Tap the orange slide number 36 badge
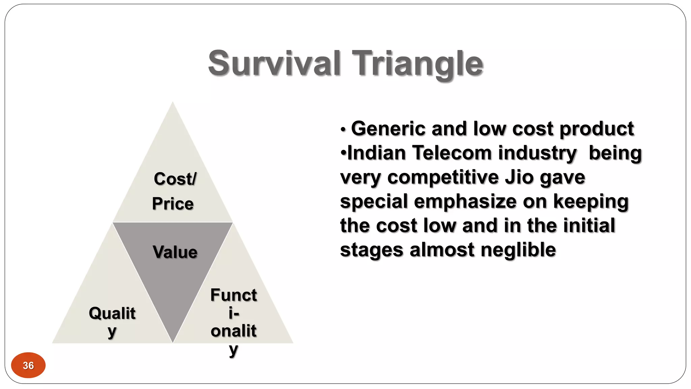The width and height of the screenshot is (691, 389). pos(28,365)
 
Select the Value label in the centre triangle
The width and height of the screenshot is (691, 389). pos(175,252)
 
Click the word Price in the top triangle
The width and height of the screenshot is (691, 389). pos(173,204)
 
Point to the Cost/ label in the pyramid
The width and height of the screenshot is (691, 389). pos(175,179)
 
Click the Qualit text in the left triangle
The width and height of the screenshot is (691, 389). pos(112,313)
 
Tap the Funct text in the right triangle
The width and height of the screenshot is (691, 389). pos(233,295)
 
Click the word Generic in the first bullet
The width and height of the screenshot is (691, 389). pos(388,129)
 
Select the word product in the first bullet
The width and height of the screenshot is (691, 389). pos(597,129)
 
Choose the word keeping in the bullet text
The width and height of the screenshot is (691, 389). pos(591,202)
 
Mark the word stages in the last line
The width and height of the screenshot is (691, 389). pos(371,250)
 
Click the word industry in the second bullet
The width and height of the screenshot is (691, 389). pos(537,153)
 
